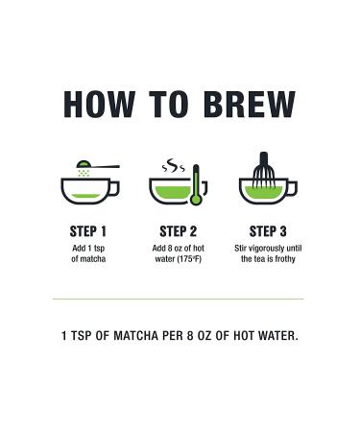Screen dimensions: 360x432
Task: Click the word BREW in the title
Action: click(249, 105)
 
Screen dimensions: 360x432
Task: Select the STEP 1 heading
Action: click(88, 231)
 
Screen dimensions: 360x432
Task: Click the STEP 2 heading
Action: click(179, 231)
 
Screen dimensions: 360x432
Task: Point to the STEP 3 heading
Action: click(268, 231)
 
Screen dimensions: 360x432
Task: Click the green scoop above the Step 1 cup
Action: click(84, 164)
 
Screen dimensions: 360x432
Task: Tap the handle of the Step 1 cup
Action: click(114, 188)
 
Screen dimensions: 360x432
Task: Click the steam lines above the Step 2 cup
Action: click(173, 165)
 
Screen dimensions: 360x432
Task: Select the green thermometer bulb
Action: click(196, 200)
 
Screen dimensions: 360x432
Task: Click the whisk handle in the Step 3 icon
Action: click(264, 160)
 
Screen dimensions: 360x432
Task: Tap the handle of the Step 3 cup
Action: click(292, 188)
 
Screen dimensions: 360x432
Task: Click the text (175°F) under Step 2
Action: click(189, 259)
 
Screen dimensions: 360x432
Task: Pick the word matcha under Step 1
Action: click(93, 259)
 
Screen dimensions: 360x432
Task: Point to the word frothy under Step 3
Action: click(285, 259)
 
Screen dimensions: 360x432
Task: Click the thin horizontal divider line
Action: click(179, 300)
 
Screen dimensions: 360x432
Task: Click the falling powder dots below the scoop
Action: click(84, 173)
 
